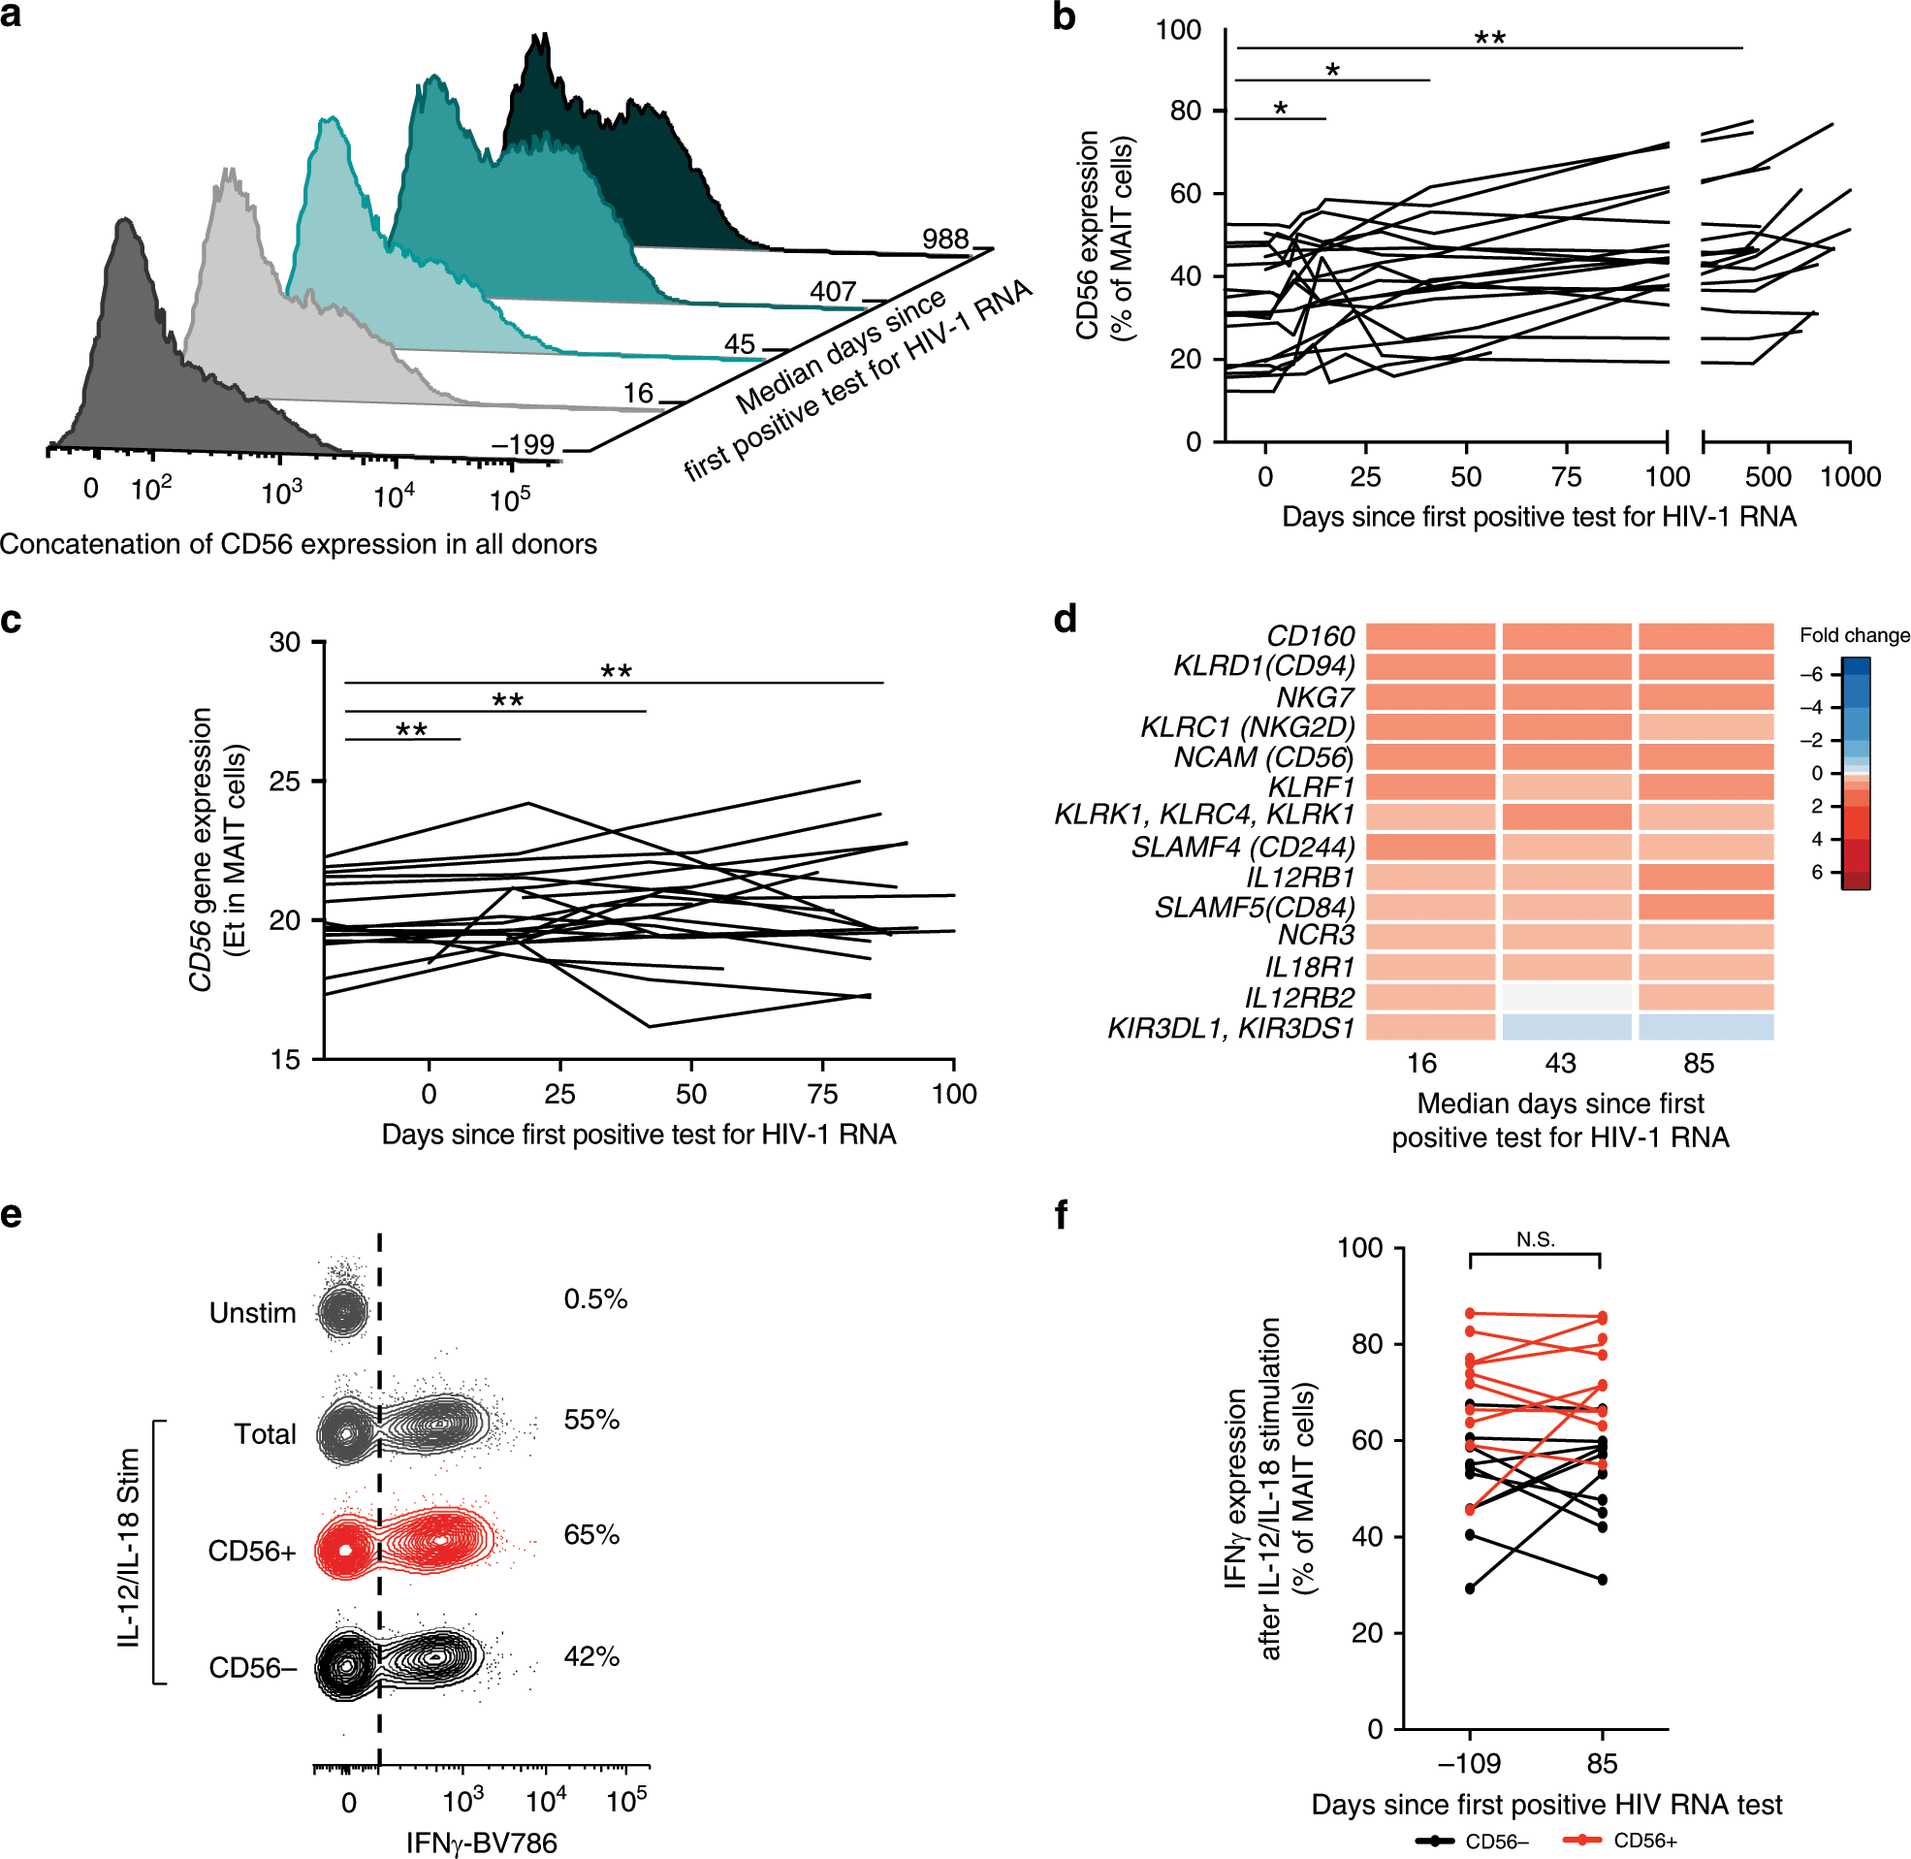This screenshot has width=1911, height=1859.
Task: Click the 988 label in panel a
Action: coord(943,239)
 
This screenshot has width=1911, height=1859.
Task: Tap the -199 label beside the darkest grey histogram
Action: coord(524,445)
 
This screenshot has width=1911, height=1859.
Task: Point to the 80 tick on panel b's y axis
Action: coord(1185,112)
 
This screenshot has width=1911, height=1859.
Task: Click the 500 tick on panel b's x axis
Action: coord(1768,476)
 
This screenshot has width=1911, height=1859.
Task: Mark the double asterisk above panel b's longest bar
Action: coord(1489,38)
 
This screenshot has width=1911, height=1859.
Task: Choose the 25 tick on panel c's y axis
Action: coord(286,781)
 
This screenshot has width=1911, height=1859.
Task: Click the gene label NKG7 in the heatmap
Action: coord(1315,697)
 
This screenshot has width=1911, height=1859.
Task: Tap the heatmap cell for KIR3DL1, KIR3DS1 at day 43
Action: coord(1566,1027)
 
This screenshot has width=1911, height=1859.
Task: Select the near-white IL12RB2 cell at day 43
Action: coord(1566,997)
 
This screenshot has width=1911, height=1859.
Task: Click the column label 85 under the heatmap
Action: coord(1699,1063)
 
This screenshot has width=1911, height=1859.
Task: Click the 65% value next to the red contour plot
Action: coord(591,1535)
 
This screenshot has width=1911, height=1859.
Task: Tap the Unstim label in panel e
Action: coord(252,1313)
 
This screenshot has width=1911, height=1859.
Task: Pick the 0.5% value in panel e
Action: coord(595,1299)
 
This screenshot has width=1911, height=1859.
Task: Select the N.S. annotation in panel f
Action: coord(1535,1240)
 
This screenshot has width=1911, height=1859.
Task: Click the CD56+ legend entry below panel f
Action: coord(1644,1841)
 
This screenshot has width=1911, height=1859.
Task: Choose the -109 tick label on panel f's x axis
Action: coord(1469,1763)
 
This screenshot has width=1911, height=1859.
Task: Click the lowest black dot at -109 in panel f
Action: coord(1470,1588)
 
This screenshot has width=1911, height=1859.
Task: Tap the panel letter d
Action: coord(1065,619)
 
